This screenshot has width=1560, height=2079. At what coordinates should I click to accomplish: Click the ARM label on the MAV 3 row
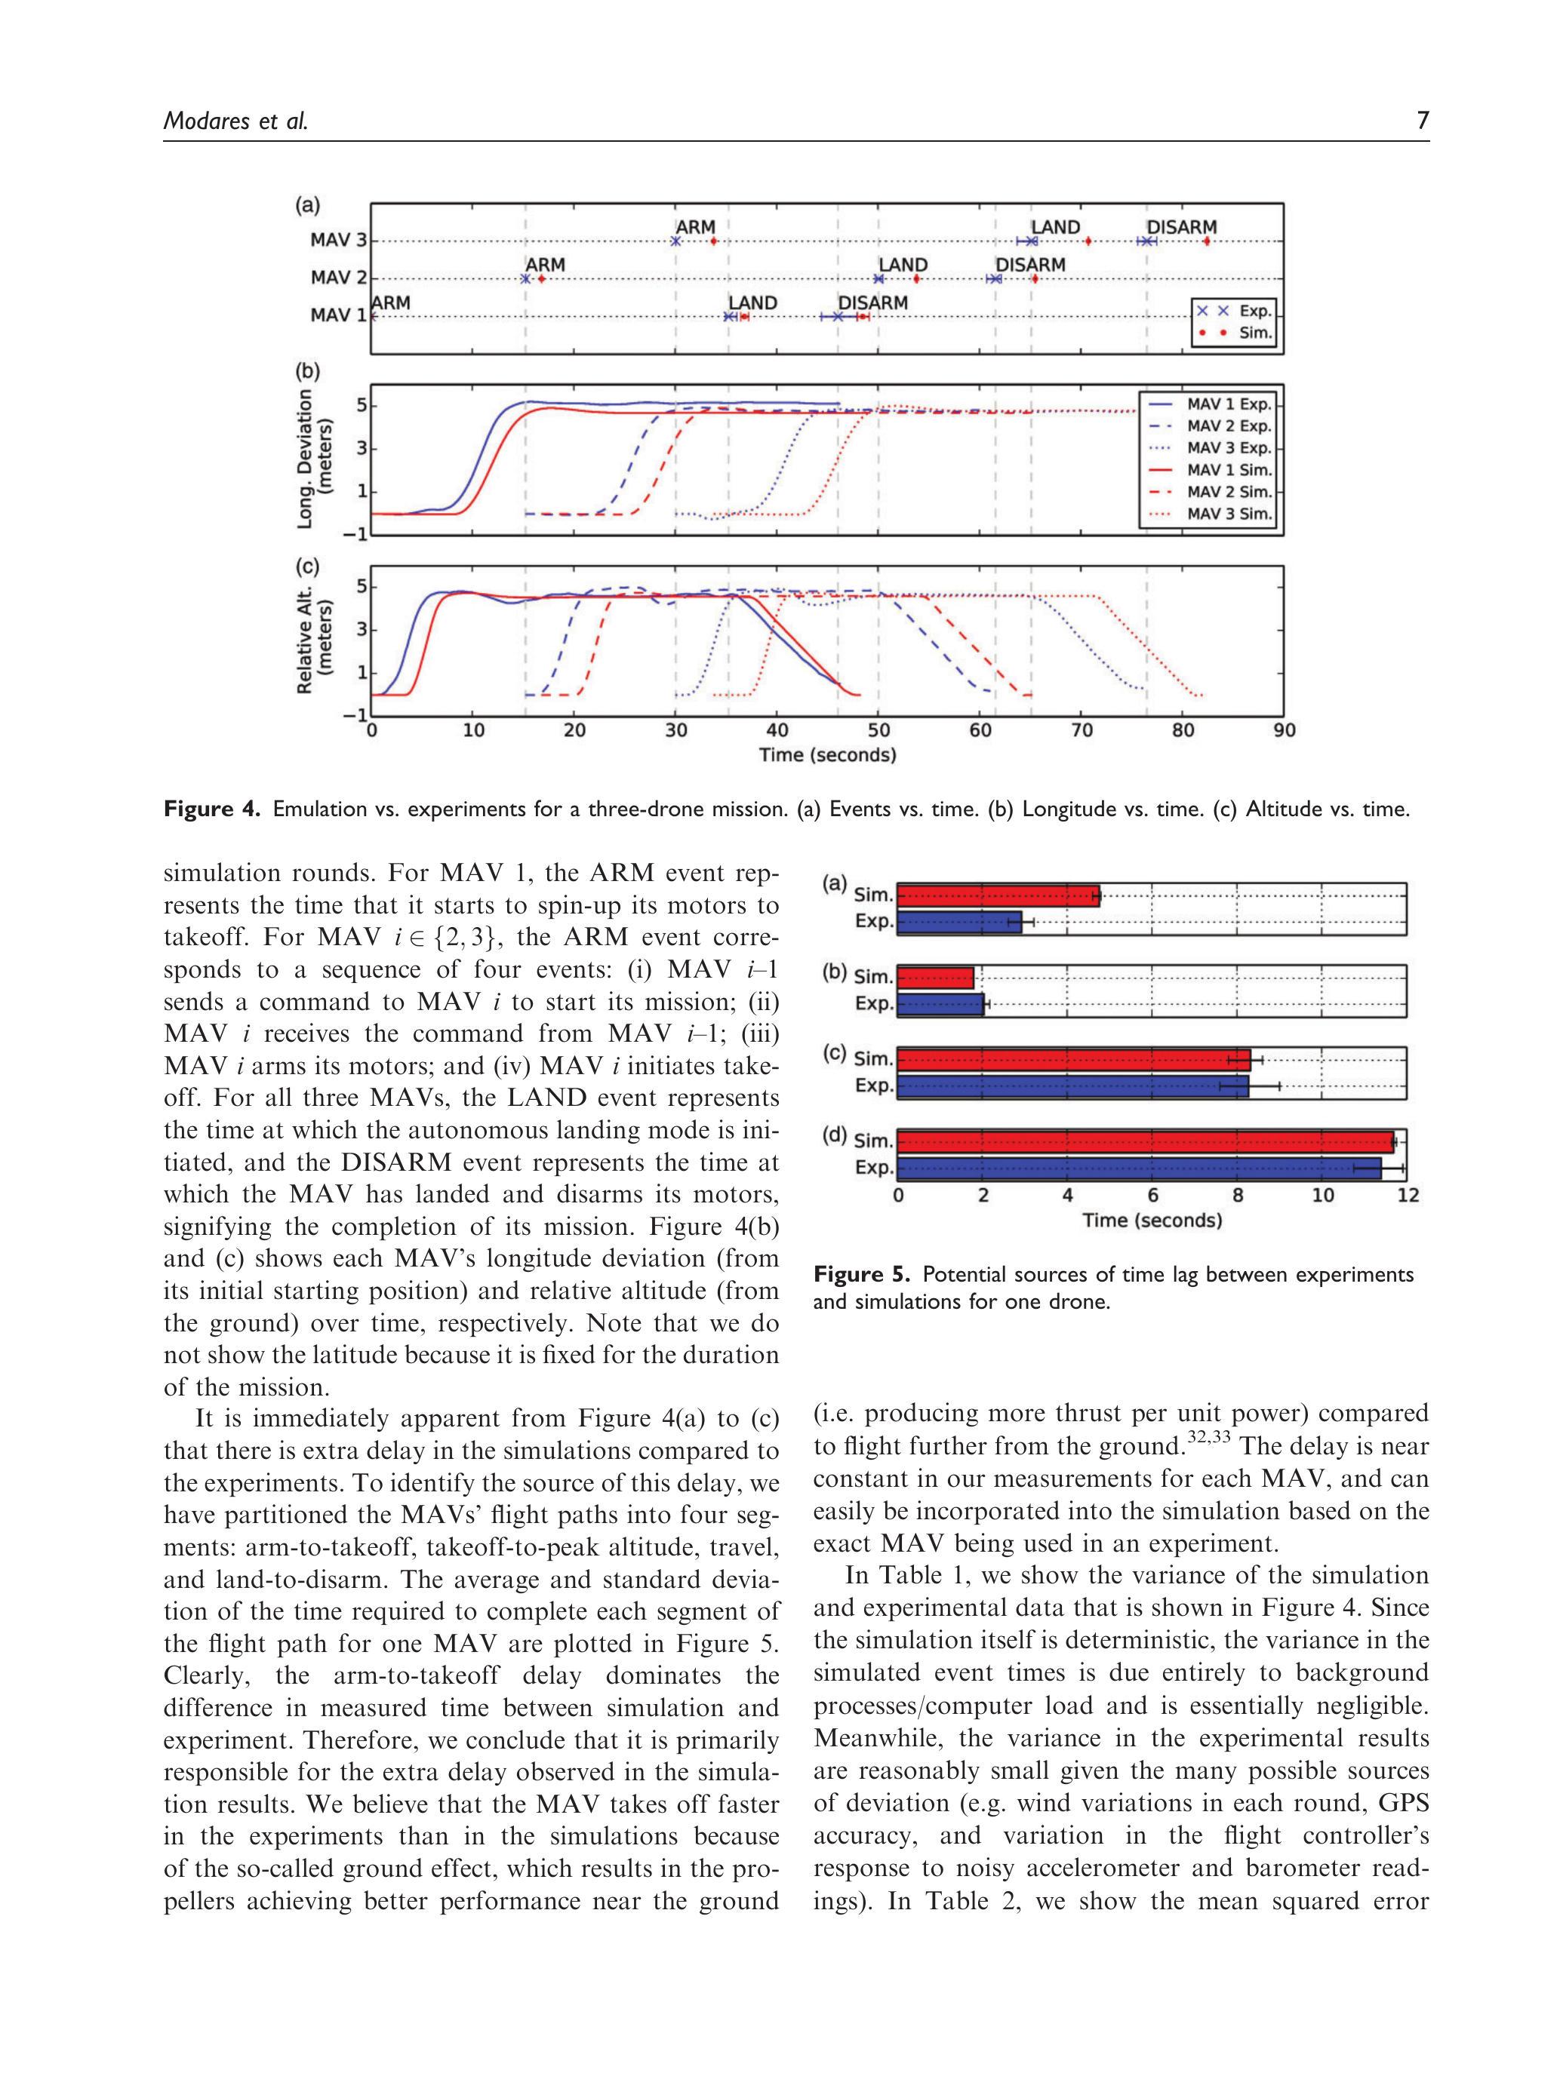695,228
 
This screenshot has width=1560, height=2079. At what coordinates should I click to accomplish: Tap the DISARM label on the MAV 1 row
872,302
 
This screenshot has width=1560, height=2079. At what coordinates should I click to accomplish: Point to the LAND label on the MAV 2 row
903,265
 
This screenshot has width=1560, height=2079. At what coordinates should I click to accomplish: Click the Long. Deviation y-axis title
314,458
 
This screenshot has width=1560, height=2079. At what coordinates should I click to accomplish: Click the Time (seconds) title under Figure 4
827,754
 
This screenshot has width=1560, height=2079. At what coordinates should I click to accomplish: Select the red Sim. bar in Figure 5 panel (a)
998,895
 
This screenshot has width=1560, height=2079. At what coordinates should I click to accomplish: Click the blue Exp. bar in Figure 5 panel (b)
940,1004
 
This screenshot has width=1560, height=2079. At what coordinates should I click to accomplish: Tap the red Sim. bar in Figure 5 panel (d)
1144,1142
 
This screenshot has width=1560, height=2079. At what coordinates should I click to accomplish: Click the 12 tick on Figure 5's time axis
1408,1196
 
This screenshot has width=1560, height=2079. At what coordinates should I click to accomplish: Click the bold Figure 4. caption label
213,809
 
